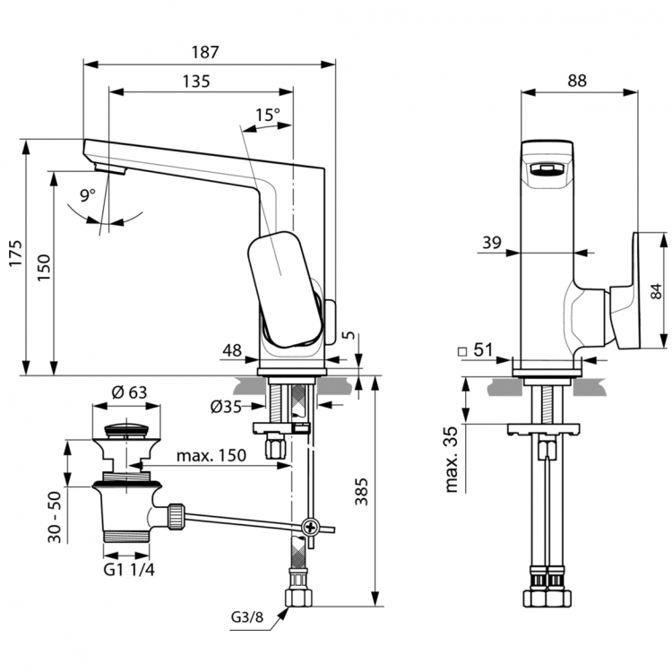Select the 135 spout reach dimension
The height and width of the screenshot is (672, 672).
pyautogui.click(x=195, y=81)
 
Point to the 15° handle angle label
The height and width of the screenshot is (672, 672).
pyautogui.click(x=267, y=116)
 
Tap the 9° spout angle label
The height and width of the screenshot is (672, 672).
pyautogui.click(x=87, y=194)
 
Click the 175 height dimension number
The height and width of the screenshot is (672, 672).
pyautogui.click(x=13, y=259)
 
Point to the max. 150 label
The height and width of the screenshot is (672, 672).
pyautogui.click(x=211, y=456)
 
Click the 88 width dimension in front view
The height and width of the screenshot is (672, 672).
pyautogui.click(x=577, y=80)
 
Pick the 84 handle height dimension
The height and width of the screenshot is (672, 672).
pyautogui.click(x=656, y=291)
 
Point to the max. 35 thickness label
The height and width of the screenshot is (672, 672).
pyautogui.click(x=454, y=459)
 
